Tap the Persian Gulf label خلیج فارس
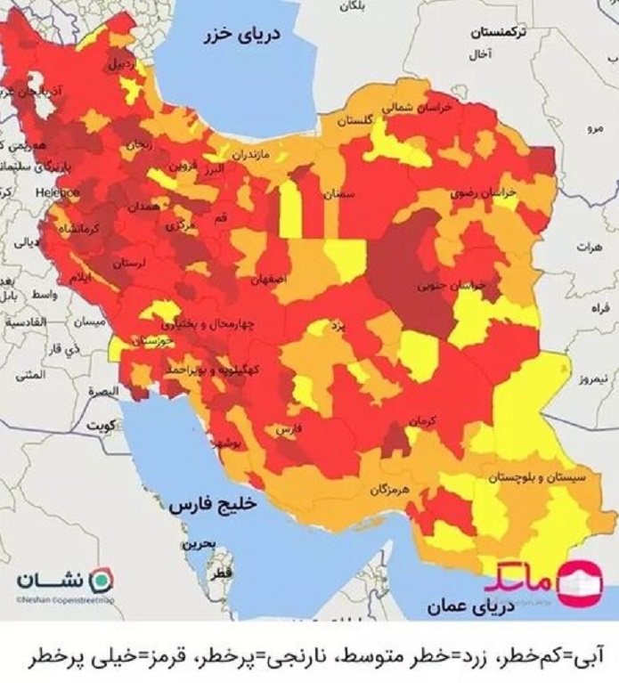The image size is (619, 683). pyautogui.click(x=212, y=504)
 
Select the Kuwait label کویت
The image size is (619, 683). pyautogui.click(x=98, y=426)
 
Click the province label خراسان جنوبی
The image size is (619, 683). pyautogui.click(x=452, y=286)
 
